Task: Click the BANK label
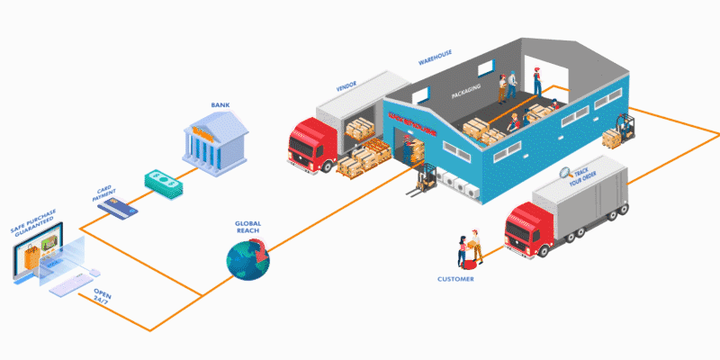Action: [220, 104]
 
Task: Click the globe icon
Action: [248, 257]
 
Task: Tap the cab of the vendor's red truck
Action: [306, 148]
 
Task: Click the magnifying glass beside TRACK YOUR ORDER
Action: [564, 174]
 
